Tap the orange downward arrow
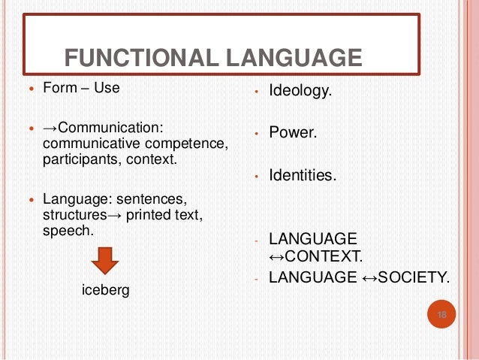click(104, 262)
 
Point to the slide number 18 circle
click(441, 315)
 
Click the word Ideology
click(300, 93)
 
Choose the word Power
click(293, 135)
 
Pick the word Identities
click(303, 176)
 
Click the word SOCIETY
click(416, 277)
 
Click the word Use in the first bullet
click(107, 87)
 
